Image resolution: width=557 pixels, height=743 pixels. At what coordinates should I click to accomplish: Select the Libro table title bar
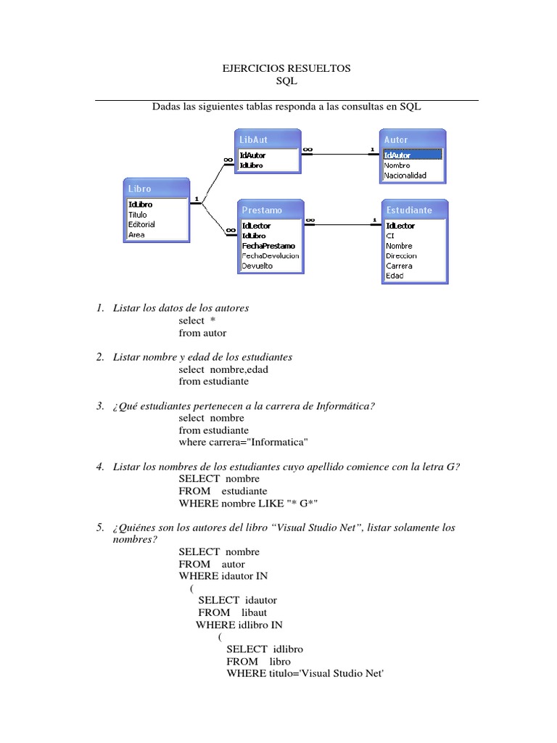156,189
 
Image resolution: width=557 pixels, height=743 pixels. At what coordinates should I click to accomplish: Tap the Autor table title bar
413,139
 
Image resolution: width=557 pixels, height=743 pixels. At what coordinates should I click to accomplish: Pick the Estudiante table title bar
414,209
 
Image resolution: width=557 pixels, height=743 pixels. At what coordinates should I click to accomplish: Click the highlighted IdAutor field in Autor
412,155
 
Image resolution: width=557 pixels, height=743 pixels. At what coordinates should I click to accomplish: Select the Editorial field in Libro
141,224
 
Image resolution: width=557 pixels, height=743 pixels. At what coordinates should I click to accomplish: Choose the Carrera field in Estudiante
400,266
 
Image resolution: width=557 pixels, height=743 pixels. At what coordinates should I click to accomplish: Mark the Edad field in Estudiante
395,276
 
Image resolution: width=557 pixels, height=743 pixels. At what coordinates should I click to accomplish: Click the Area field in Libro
136,235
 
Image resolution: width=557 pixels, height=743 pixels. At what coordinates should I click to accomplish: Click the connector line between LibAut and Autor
341,153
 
